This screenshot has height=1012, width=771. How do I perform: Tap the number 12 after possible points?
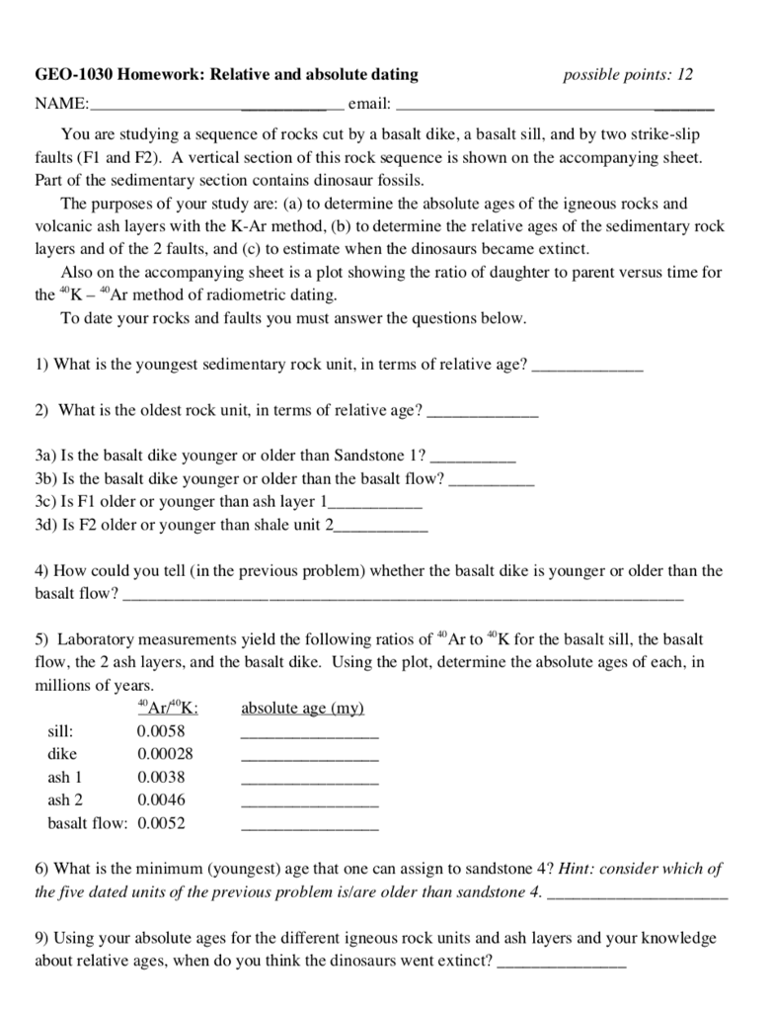click(685, 74)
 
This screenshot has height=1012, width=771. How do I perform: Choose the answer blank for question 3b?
click(492, 481)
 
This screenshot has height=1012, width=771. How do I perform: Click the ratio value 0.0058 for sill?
click(161, 731)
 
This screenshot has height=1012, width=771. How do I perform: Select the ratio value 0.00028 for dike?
click(165, 754)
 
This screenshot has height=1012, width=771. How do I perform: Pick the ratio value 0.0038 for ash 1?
click(161, 777)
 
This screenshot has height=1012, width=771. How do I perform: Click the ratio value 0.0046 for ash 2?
click(161, 800)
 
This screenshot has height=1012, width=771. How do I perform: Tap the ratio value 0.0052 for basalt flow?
click(161, 822)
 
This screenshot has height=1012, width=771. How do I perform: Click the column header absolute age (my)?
click(302, 709)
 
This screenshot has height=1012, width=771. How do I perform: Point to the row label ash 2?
click(65, 800)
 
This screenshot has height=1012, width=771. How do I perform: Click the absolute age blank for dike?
click(309, 756)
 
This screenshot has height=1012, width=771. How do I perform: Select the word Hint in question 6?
click(577, 869)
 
